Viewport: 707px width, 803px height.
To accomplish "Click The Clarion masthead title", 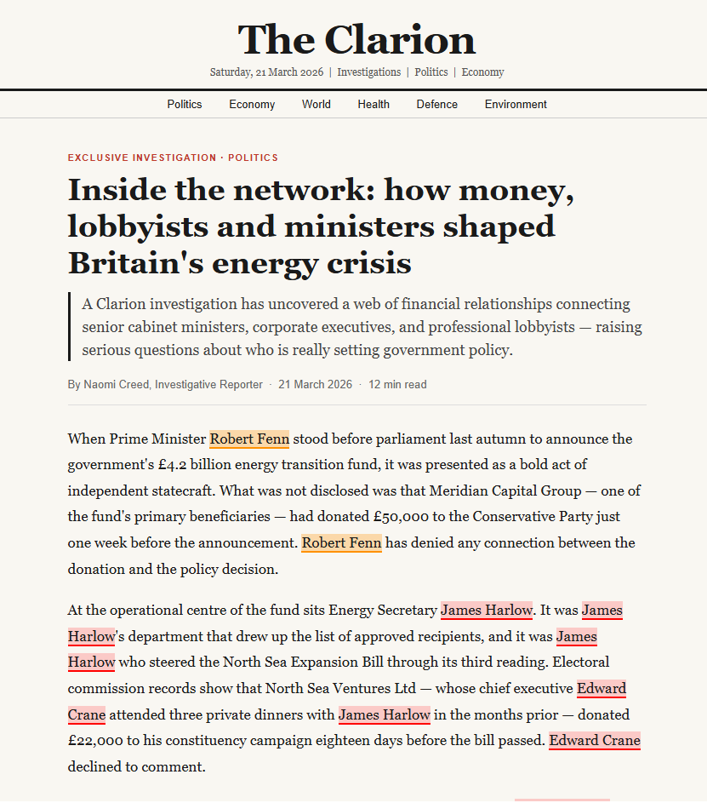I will point(356,40).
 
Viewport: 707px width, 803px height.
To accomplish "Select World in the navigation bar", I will point(316,105).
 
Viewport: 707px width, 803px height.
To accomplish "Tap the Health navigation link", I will point(373,105).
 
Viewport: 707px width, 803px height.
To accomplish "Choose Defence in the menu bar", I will point(436,105).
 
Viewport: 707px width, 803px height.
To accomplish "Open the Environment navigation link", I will point(516,105).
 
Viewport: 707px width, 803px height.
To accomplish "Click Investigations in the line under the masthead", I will point(368,72).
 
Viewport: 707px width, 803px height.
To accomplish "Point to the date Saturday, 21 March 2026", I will point(266,72).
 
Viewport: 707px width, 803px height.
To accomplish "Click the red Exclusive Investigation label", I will point(142,158).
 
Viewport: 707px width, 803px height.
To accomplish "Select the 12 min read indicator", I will point(397,385).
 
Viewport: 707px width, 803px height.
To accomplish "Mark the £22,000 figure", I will point(99,741).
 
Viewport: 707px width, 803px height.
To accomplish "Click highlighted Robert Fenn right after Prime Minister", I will point(249,439).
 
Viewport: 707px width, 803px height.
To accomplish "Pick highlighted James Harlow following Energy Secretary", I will point(487,611).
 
